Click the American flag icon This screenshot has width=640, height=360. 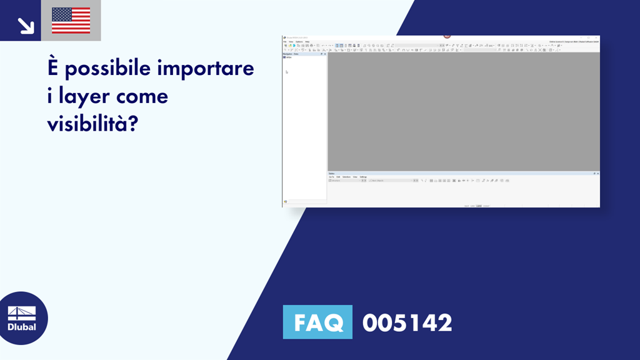coord(71,21)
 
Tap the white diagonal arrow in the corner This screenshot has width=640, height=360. coord(26,26)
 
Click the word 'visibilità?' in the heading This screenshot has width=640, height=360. coord(92,124)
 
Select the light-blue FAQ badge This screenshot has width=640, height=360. coord(317,322)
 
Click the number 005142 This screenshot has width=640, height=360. coord(407,322)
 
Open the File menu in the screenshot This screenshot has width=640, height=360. coord(284,42)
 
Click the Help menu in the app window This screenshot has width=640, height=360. coord(307,42)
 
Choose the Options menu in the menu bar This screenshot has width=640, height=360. coord(299,42)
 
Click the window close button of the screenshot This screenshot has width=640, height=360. coord(597,37)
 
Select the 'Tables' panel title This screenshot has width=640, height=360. coord(332,173)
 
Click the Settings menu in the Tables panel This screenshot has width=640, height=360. coord(363,177)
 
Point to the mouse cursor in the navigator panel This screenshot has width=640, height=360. coord(287,72)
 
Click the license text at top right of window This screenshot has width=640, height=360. coord(574,42)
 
